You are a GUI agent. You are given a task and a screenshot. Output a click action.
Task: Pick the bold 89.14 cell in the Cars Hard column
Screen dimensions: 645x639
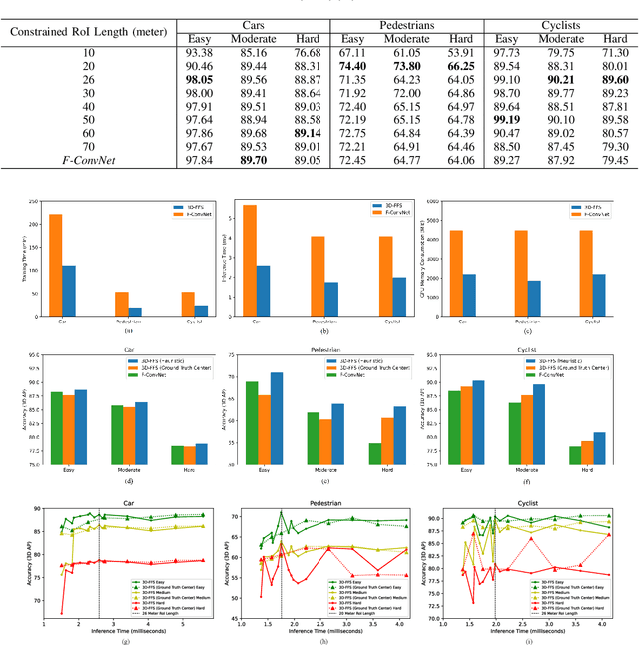coord(309,132)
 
